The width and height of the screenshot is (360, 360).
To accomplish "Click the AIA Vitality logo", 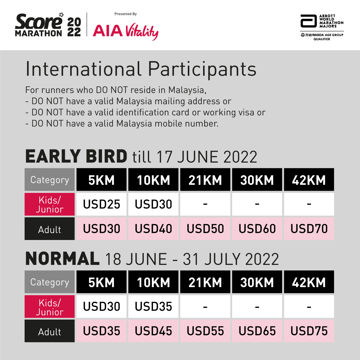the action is click(x=125, y=31).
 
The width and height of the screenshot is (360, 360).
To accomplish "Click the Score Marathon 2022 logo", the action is click(x=48, y=25).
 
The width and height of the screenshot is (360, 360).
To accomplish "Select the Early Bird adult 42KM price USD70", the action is click(x=309, y=229).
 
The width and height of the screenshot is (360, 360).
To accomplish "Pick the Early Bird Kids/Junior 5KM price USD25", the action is click(x=101, y=204).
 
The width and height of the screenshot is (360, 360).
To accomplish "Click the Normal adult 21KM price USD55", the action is click(x=205, y=331).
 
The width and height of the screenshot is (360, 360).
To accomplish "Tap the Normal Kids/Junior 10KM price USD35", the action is click(x=153, y=306).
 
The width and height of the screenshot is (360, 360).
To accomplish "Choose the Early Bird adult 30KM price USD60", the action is click(x=257, y=229).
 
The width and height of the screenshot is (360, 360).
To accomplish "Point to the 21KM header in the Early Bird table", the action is click(x=205, y=180).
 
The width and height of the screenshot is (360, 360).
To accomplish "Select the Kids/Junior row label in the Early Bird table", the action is click(x=50, y=204).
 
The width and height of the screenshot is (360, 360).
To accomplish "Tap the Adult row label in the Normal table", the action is click(x=50, y=332).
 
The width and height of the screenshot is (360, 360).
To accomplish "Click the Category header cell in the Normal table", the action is click(x=50, y=282).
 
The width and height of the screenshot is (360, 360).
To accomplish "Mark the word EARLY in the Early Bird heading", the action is click(x=53, y=156).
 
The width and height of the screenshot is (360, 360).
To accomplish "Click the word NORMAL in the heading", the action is click(x=62, y=258).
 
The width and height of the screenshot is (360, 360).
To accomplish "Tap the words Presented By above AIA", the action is click(x=125, y=14).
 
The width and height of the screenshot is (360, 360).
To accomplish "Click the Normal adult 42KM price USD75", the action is click(x=309, y=331).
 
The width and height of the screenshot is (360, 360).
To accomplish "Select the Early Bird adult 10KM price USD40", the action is click(x=153, y=229).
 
